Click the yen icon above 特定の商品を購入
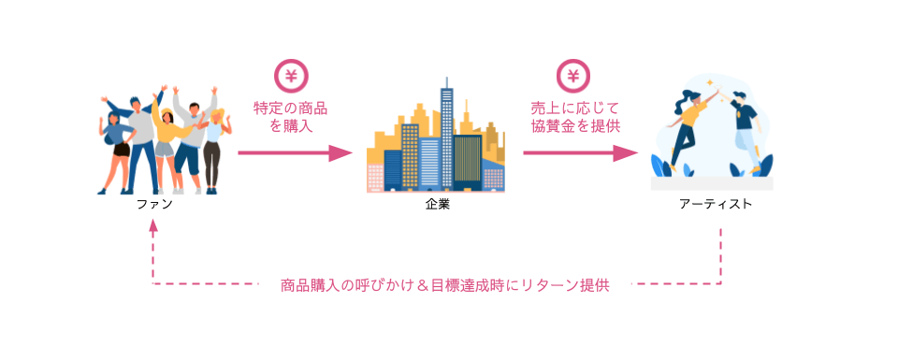click(x=291, y=75)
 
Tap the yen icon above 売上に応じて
click(x=574, y=75)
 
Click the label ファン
click(x=152, y=204)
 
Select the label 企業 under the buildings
click(x=437, y=204)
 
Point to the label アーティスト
click(x=715, y=204)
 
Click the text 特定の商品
click(x=291, y=108)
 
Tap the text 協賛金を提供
click(x=574, y=125)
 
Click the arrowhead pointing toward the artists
click(x=626, y=152)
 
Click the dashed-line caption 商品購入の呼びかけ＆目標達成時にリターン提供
click(x=444, y=285)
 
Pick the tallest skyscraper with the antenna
click(x=447, y=131)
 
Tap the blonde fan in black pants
click(x=214, y=150)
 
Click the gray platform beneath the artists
click(x=712, y=182)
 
